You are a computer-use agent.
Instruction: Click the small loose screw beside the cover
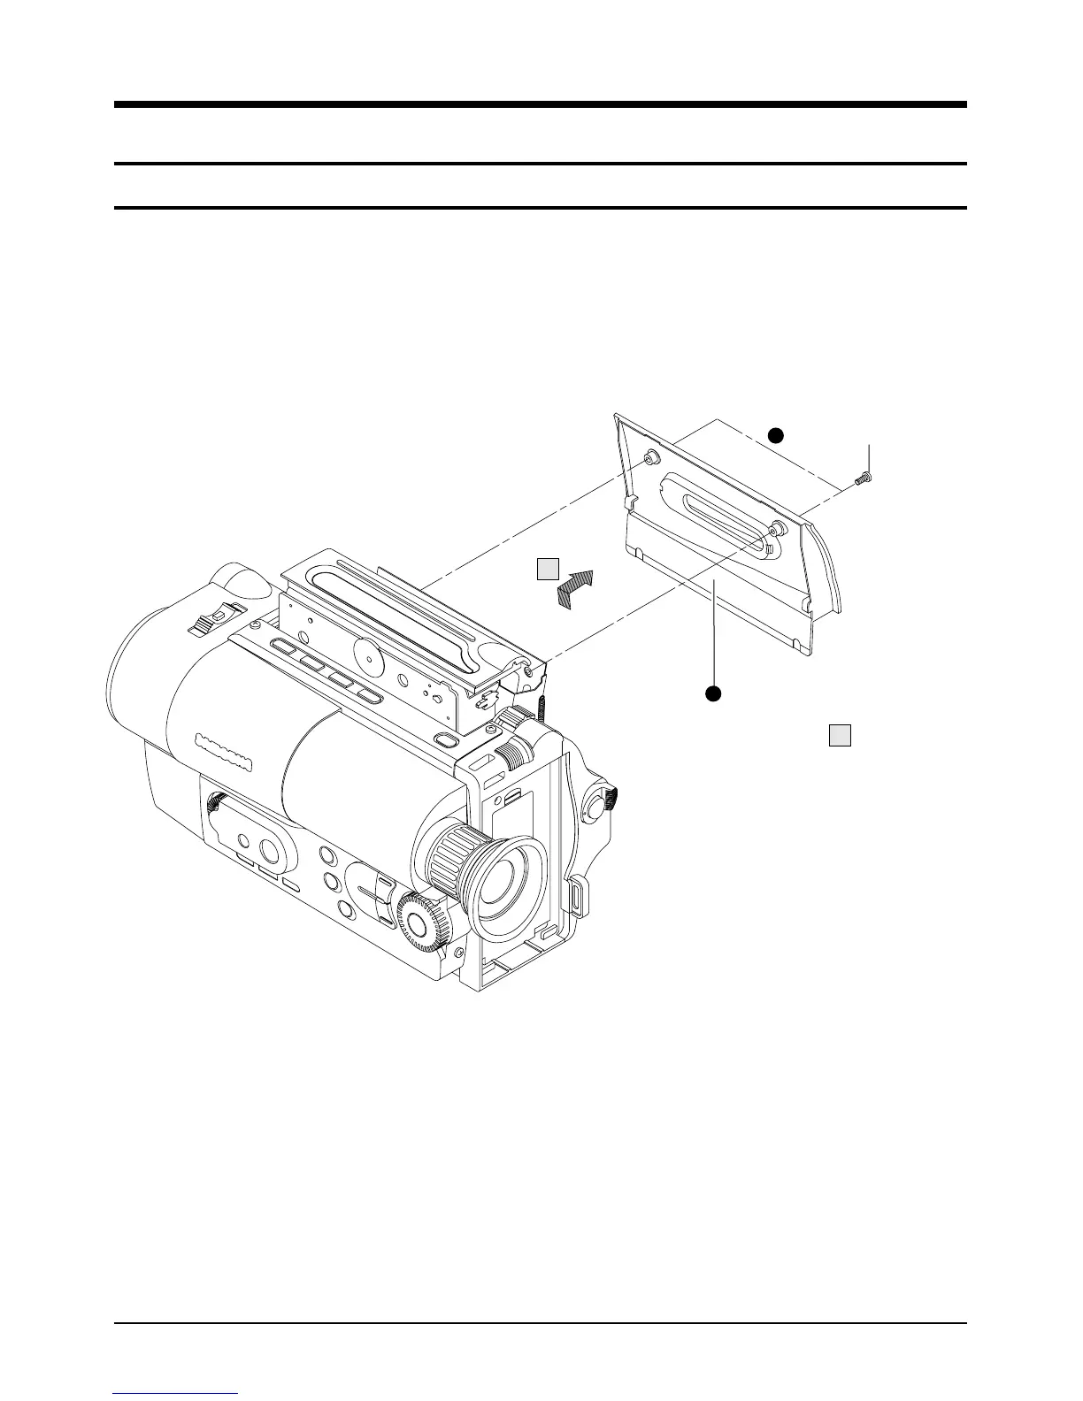click(863, 478)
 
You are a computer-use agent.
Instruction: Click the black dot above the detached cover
click(775, 434)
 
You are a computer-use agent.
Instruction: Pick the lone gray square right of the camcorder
click(840, 735)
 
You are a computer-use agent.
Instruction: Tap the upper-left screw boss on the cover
click(652, 456)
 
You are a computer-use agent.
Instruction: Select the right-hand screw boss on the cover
click(776, 529)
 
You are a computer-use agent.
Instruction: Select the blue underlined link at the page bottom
click(176, 1393)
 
